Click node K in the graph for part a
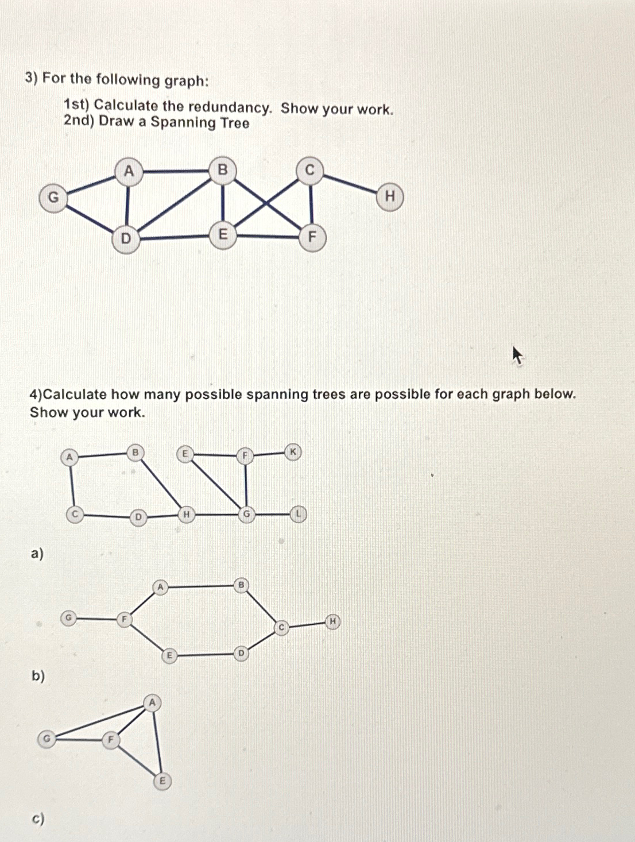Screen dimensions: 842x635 click(x=293, y=452)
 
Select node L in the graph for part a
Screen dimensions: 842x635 click(x=298, y=514)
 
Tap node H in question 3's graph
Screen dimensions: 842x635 click(x=390, y=197)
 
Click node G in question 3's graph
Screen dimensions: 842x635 click(x=53, y=198)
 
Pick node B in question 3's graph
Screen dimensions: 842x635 click(x=222, y=170)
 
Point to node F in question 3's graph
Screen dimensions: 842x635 click(x=312, y=237)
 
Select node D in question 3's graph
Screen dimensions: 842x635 click(x=126, y=238)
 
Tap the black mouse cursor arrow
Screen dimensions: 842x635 click(x=517, y=355)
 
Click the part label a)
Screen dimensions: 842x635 click(x=37, y=554)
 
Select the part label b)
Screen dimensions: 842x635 click(x=38, y=676)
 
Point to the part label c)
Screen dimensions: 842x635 click(x=38, y=818)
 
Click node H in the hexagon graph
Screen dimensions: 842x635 click(x=332, y=621)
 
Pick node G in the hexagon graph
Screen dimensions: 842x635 click(x=68, y=618)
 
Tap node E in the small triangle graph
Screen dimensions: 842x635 click(x=162, y=781)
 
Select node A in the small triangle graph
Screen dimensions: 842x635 click(x=152, y=702)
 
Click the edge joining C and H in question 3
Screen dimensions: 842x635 click(x=350, y=183)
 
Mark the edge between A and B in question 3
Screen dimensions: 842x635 click(x=175, y=171)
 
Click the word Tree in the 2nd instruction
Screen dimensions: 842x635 click(x=235, y=123)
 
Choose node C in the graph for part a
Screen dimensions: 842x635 click(x=74, y=515)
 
